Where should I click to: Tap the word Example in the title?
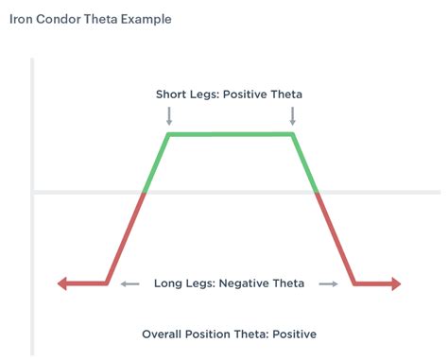coord(145,19)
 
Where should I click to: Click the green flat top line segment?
coord(231,134)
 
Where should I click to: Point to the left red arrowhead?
coord(62,283)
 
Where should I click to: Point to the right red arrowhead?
coord(396,283)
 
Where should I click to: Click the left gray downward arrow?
coord(169,116)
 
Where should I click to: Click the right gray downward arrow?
coord(292,116)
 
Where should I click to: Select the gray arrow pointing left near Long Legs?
coord(130,283)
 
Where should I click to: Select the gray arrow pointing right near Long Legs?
coord(328,283)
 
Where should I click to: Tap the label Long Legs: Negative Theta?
coord(229,283)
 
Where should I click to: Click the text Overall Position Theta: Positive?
coord(229,334)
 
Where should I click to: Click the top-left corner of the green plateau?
coord(169,134)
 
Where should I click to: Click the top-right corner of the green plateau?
coord(292,134)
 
